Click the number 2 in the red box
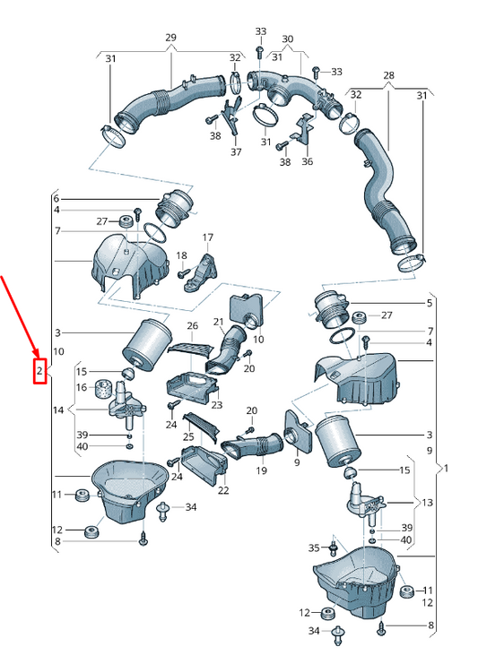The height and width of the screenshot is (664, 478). coord(39,371)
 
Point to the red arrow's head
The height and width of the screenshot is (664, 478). coord(37,353)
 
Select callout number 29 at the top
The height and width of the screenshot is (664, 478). coord(170,38)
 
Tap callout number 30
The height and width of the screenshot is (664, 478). coord(287,39)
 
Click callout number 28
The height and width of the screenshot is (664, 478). coord(388,75)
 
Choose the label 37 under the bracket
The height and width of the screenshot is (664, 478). coord(236,151)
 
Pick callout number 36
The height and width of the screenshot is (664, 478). coord(308,161)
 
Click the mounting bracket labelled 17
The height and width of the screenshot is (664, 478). coord(202,273)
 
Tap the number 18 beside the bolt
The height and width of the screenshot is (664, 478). coord(181,255)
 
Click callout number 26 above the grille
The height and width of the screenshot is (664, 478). coord(193,325)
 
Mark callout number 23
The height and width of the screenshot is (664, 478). coord(216,405)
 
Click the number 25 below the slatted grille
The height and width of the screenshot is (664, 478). coord(188,436)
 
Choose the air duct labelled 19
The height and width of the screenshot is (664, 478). coord(252,446)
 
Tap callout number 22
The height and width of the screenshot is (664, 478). coord(223,490)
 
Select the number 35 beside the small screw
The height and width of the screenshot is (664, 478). coord(314,548)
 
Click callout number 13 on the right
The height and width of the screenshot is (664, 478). coord(427,502)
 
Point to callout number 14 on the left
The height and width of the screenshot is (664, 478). coord(58,410)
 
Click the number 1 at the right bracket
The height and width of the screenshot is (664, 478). coord(446,469)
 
